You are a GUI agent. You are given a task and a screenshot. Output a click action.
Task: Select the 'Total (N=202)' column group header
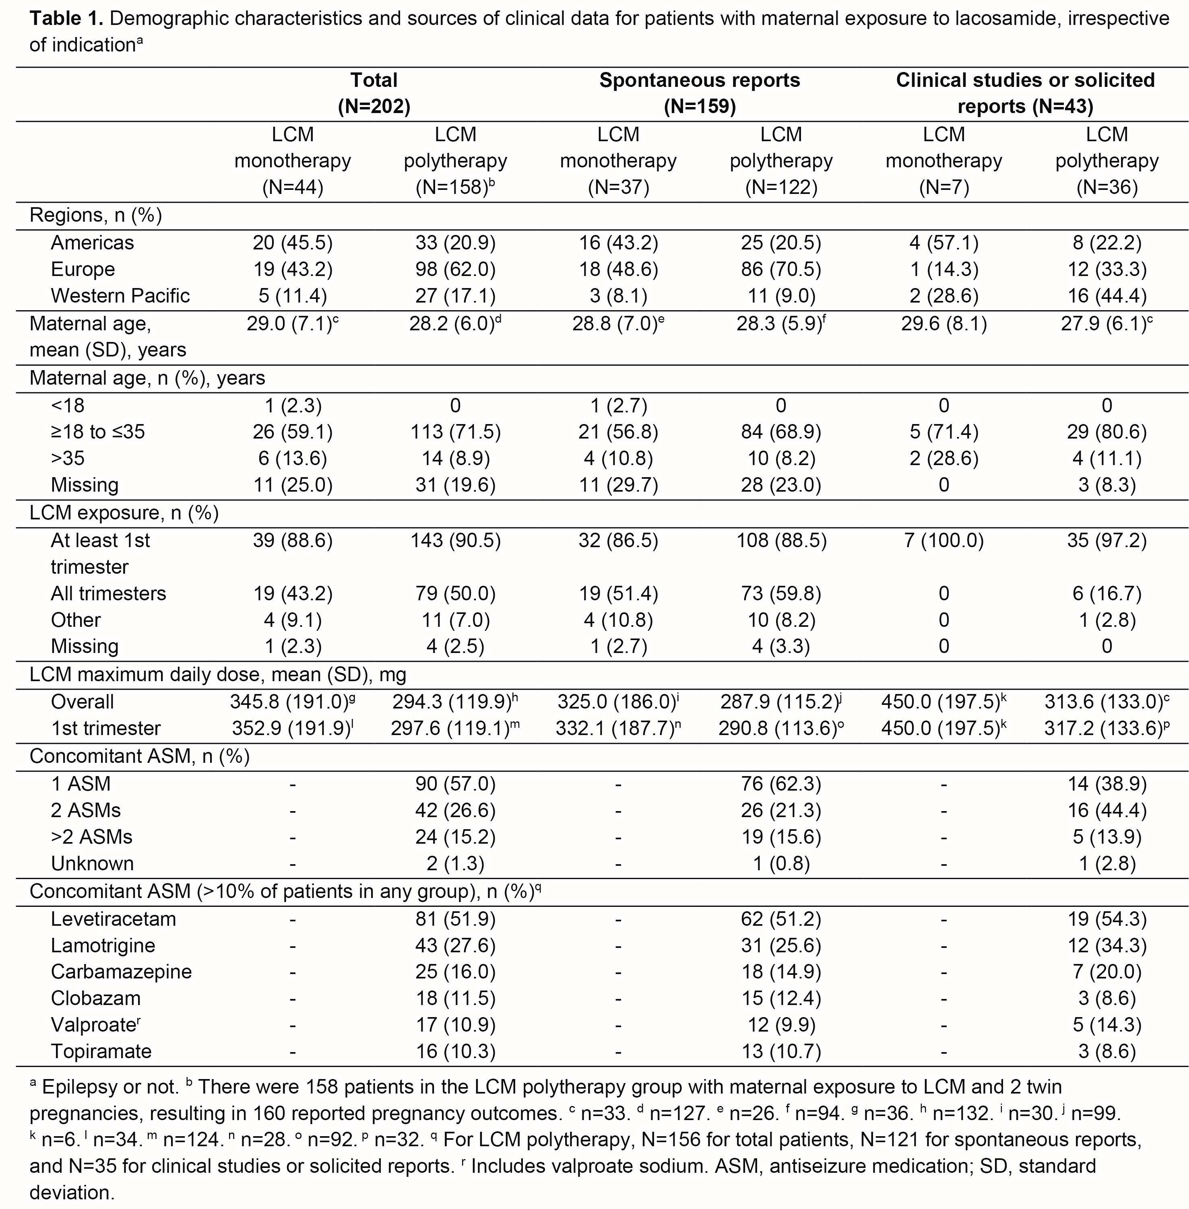pyautogui.click(x=374, y=93)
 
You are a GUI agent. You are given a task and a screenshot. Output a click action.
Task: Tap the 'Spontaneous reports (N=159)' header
pyautogui.click(x=700, y=93)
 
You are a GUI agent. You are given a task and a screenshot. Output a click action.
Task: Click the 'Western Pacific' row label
pyautogui.click(x=120, y=296)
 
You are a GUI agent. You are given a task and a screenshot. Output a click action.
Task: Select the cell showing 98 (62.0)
pyautogui.click(x=455, y=269)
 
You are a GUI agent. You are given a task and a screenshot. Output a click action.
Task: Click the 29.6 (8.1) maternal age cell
pyautogui.click(x=943, y=323)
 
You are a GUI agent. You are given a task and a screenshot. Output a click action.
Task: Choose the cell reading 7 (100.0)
pyautogui.click(x=943, y=540)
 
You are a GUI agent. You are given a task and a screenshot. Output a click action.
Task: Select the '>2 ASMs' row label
pyautogui.click(x=91, y=836)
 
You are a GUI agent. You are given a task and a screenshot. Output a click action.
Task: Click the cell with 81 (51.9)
pyautogui.click(x=455, y=919)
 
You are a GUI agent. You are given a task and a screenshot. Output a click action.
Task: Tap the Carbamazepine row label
pyautogui.click(x=121, y=972)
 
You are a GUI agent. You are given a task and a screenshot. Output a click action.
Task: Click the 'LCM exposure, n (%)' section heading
pyautogui.click(x=124, y=513)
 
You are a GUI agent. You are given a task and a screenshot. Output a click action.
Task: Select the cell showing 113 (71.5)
pyautogui.click(x=455, y=432)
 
